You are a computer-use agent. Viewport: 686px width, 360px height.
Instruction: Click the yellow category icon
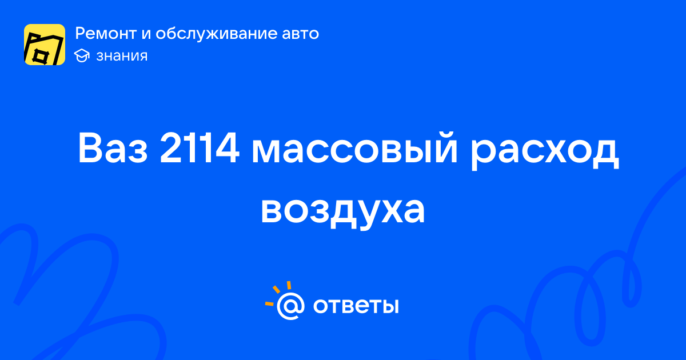45,45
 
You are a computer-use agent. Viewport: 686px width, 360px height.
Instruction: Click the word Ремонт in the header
106,33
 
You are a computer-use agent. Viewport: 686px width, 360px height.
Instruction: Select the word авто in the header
301,34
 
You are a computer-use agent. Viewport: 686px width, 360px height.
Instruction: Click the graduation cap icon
82,56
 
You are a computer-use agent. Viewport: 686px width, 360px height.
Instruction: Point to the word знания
122,56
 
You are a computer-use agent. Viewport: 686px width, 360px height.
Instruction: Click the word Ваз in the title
113,149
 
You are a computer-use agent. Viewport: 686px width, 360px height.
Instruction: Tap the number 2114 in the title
200,149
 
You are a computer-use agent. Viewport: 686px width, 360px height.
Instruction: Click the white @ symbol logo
290,306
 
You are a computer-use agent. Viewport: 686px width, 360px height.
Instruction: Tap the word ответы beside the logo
356,306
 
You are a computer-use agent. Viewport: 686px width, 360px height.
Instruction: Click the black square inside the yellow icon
40,57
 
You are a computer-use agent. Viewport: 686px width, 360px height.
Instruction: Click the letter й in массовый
445,147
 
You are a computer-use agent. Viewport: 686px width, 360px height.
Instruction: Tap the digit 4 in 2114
226,148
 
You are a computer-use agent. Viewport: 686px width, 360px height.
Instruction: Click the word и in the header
146,34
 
